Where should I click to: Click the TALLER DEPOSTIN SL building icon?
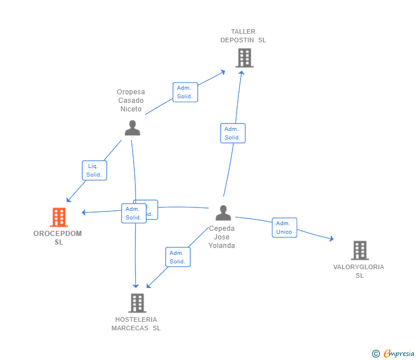[244, 58]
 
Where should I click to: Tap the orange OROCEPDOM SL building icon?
[58, 217]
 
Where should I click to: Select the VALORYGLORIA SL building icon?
[359, 250]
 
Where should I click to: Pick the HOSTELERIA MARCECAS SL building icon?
[137, 303]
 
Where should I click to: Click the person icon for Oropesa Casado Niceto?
[132, 128]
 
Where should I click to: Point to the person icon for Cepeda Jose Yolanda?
[223, 213]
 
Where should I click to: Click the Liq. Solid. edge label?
[94, 170]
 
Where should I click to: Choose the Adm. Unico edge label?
[284, 227]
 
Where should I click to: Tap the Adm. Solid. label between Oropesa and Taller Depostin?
[185, 92]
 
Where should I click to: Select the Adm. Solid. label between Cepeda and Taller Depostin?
[233, 133]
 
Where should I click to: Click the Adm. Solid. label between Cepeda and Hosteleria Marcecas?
[178, 257]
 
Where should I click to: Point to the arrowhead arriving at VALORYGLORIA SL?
[331, 239]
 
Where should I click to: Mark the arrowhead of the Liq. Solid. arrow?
[69, 200]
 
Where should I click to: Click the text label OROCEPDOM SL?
[58, 238]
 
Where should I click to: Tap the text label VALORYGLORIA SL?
[359, 271]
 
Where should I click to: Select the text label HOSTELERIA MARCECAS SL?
[136, 323]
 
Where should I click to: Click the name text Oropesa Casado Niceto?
[131, 101]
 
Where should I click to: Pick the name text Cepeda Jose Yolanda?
[222, 237]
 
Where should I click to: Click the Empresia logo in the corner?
[399, 354]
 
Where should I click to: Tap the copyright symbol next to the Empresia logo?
[376, 354]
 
